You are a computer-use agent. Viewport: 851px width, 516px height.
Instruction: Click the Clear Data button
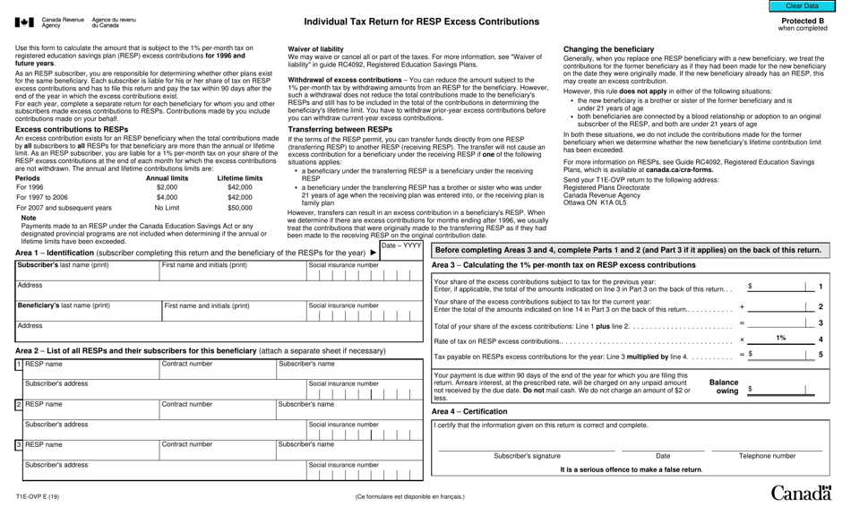pos(801,6)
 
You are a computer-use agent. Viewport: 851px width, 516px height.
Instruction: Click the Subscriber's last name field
pos(87,271)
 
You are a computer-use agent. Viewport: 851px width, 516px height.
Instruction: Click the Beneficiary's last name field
pos(87,311)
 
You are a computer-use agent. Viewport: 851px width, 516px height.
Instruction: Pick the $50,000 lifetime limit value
pos(239,207)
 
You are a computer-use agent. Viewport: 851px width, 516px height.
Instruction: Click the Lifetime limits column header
pos(239,177)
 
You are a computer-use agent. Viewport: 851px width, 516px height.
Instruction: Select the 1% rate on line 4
pos(780,339)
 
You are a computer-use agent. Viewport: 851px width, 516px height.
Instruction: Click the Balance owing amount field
pos(779,390)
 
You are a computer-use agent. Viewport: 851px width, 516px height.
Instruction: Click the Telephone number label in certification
pos(767,456)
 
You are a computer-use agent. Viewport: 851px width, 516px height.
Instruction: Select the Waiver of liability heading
pos(315,49)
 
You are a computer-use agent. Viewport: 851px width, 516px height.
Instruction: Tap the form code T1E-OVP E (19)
pos(38,496)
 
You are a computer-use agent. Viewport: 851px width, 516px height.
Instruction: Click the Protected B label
pos(803,21)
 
